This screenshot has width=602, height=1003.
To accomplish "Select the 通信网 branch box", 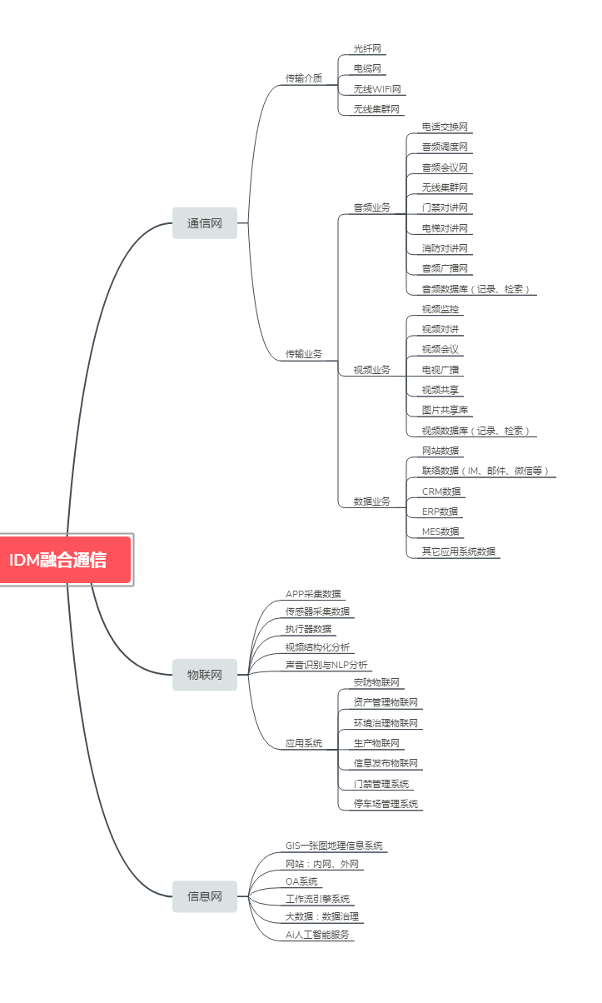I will (x=205, y=223).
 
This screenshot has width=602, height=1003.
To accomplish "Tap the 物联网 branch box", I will (x=205, y=675).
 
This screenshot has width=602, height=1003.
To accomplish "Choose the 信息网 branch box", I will (x=205, y=896).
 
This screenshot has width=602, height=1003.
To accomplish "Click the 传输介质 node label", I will (x=304, y=78).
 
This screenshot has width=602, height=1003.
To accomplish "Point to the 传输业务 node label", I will (x=304, y=354).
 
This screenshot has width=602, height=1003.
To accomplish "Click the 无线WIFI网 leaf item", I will (x=377, y=89).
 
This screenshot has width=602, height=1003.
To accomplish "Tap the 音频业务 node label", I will (x=371, y=207).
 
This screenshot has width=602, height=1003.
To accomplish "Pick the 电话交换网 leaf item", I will (x=445, y=127).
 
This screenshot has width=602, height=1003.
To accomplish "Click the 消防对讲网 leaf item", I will (x=445, y=248).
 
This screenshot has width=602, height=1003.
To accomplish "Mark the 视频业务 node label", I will (x=371, y=370).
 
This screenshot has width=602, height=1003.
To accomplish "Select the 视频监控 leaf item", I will (x=440, y=309).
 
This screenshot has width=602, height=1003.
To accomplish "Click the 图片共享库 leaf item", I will (x=445, y=410).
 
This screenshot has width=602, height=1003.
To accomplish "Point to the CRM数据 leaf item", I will (x=441, y=492).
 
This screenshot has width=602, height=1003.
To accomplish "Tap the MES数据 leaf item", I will (x=440, y=531).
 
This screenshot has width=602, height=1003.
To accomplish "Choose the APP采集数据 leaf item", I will (x=313, y=594).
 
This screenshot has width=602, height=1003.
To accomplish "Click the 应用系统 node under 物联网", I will (x=304, y=743).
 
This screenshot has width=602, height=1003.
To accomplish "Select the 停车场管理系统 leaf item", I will (x=386, y=804).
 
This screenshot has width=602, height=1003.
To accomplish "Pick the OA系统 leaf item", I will (x=301, y=881).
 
